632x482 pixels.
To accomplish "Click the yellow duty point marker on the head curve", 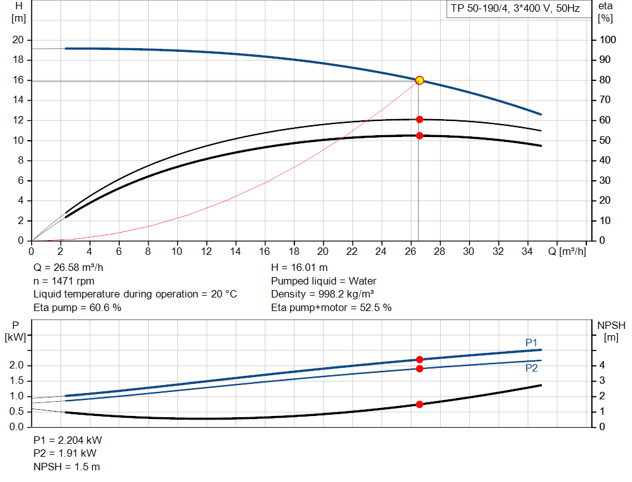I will point(420,80).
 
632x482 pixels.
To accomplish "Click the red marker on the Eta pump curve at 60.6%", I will point(420,119).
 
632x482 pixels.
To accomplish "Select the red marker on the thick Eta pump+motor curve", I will point(420,136).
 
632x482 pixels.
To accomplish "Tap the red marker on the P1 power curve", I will point(420,359).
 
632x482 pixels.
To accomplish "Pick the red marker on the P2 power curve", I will point(420,368).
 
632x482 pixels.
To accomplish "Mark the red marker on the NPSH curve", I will point(420,404).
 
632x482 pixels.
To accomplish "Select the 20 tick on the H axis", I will point(18,40).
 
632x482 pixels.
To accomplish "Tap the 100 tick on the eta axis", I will point(608,40).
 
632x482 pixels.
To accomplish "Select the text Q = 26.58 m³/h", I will point(69,268).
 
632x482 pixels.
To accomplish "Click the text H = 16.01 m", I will point(299,268).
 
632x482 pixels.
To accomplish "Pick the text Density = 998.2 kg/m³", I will point(323,294).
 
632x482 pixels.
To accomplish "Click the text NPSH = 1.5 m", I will point(67,467).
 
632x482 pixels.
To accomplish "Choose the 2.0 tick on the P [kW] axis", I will point(17,366).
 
